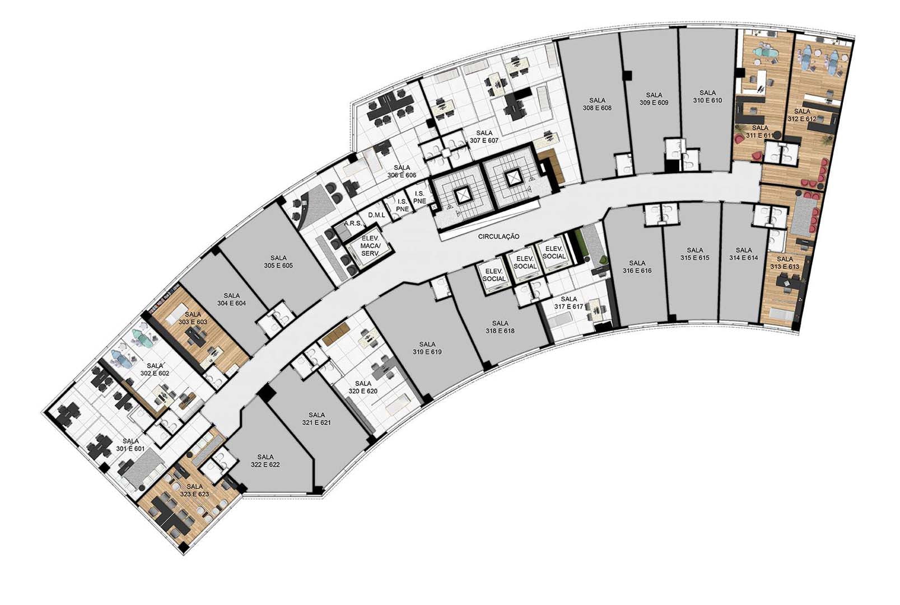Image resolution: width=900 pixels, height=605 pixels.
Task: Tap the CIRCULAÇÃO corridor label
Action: coord(498,237)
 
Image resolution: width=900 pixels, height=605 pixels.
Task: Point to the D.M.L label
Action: coord(377,216)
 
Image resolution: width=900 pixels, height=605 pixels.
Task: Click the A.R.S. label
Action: coord(353,224)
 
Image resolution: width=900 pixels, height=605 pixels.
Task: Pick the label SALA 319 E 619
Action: coord(427,348)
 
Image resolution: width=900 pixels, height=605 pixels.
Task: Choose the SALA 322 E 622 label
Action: coord(265,460)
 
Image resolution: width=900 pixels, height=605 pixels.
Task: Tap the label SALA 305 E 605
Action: coord(278,262)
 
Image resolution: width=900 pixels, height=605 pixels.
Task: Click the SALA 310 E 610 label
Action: coord(707,96)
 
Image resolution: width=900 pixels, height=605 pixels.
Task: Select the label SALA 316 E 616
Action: coord(637,267)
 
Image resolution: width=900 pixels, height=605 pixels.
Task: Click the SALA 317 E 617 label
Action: coord(568,302)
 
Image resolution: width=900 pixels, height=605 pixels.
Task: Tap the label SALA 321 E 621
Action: coord(316,418)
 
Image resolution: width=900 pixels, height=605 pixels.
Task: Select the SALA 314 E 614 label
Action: coord(744,254)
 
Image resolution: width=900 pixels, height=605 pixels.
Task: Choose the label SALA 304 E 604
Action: coord(231,300)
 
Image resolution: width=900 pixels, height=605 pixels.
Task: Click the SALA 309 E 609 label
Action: coord(654,99)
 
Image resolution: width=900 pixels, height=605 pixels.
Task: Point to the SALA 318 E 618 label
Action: coord(500,327)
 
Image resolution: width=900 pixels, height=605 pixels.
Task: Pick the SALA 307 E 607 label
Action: coord(484,137)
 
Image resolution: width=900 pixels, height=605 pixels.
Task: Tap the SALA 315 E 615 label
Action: coord(694,254)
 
